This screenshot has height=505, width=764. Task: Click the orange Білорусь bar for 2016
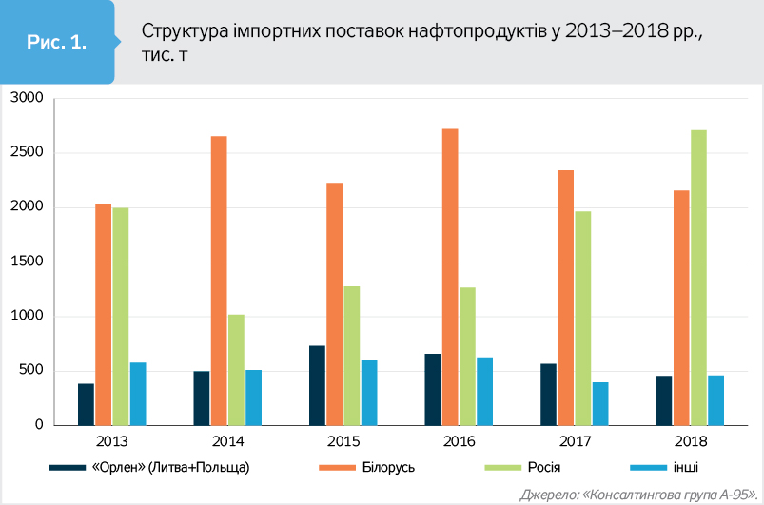point(450,277)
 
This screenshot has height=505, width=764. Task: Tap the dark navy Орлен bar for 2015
point(317,385)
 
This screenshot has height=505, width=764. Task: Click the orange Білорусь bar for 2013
point(104,314)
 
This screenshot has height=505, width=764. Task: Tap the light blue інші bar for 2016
point(485,391)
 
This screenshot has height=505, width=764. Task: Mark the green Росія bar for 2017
point(582,318)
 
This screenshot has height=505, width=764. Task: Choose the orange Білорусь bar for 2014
point(219,281)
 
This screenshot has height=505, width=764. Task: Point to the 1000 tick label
point(29,317)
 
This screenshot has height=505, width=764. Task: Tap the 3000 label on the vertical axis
point(29,99)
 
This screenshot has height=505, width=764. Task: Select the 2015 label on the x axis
point(343,442)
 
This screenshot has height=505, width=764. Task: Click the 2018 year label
point(689,442)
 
